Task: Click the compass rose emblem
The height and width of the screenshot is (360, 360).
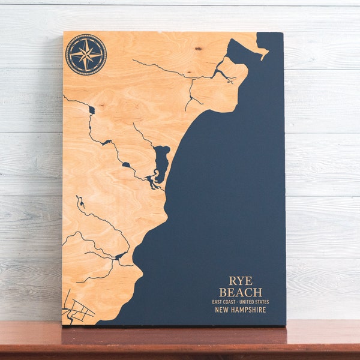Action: pyautogui.click(x=86, y=55)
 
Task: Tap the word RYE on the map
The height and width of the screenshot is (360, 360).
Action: pyautogui.click(x=241, y=281)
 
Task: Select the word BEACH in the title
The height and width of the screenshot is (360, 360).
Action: pyautogui.click(x=241, y=292)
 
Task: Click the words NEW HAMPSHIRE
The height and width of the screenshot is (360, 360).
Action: pyautogui.click(x=241, y=310)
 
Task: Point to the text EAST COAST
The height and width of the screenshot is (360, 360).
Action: pyautogui.click(x=223, y=302)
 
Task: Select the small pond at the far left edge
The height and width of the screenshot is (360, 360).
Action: pyautogui.click(x=91, y=110)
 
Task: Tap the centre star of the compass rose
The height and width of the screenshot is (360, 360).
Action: pyautogui.click(x=86, y=55)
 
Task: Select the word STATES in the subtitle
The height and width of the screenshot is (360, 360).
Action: pyautogui.click(x=262, y=302)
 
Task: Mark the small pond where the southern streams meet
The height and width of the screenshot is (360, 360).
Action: pyautogui.click(x=120, y=256)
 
